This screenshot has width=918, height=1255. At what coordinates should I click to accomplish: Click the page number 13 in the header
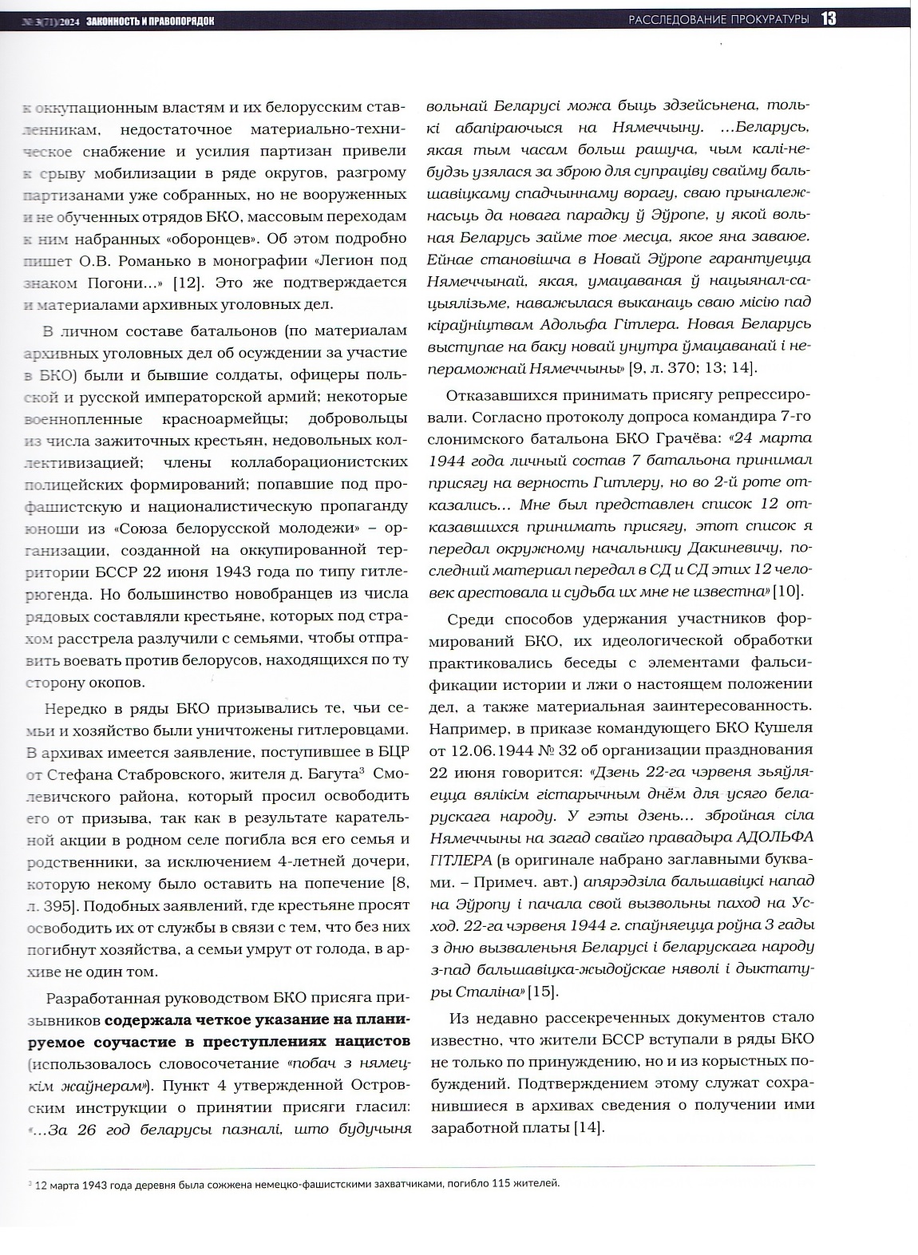pyautogui.click(x=827, y=18)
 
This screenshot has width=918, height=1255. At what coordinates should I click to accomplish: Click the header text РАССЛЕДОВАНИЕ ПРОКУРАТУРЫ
pyautogui.click(x=718, y=18)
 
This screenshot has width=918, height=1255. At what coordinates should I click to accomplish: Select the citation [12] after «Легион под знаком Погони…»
pyautogui.click(x=191, y=283)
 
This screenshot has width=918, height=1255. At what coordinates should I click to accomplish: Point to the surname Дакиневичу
pyautogui.click(x=738, y=548)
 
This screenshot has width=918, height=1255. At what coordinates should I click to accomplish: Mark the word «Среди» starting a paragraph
pyautogui.click(x=471, y=619)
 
